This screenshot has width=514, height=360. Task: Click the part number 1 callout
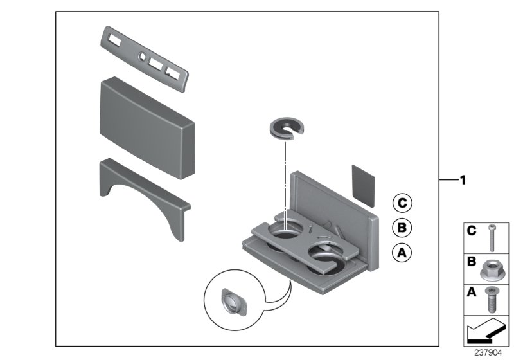[461, 181]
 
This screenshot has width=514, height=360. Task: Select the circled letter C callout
[402, 204]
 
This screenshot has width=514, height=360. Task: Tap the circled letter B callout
[402, 228]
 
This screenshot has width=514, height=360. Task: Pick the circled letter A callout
[402, 253]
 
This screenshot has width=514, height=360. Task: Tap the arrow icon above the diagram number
[486, 332]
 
